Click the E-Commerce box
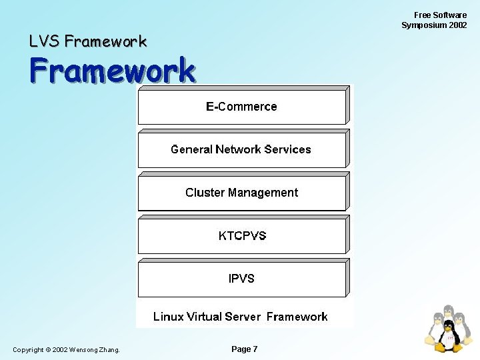tap(241, 107)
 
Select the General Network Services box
tap(241, 149)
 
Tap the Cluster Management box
tap(241, 193)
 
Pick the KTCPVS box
tap(241, 235)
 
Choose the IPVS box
tap(241, 279)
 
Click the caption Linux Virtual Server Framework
tap(241, 317)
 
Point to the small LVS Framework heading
tap(87, 41)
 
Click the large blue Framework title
tap(112, 70)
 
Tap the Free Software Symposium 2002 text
tap(434, 20)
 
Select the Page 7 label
tap(244, 349)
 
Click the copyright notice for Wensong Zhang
tap(66, 350)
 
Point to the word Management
tap(263, 193)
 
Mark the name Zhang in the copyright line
tap(108, 350)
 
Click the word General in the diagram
tap(191, 149)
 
